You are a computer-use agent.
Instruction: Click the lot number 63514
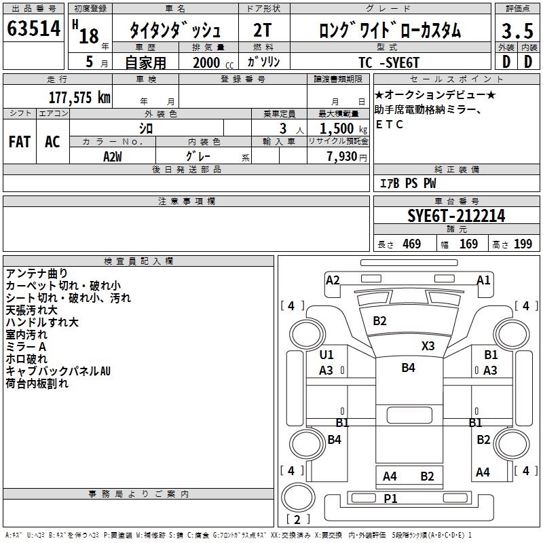pyautogui.click(x=33, y=30)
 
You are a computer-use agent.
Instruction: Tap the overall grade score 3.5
pyautogui.click(x=517, y=31)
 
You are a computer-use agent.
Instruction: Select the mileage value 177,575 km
pyautogui.click(x=79, y=97)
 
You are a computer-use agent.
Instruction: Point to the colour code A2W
pyautogui.click(x=113, y=156)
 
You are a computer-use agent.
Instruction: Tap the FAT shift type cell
pyautogui.click(x=20, y=142)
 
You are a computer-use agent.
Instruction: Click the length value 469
pyautogui.click(x=411, y=244)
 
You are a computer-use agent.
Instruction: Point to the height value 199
pyautogui.click(x=523, y=244)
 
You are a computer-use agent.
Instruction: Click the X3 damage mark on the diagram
pyautogui.click(x=428, y=345)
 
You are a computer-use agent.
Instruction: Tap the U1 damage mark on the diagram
pyautogui.click(x=326, y=355)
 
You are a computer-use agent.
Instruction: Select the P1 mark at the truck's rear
pyautogui.click(x=390, y=499)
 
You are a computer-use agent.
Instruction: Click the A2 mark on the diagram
pyautogui.click(x=333, y=280)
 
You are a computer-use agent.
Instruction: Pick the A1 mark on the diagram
pyautogui.click(x=483, y=280)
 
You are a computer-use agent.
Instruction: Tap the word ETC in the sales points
pyautogui.click(x=390, y=125)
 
